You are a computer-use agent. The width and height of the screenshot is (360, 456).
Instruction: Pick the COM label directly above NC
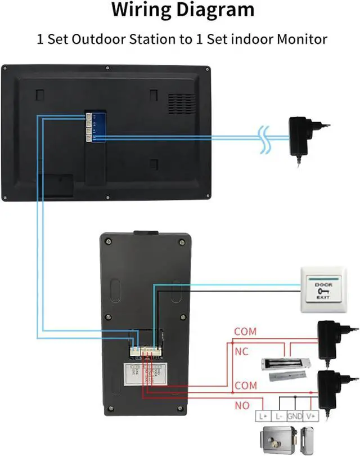point(245,332)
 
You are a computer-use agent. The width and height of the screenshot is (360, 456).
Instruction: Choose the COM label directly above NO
point(245,386)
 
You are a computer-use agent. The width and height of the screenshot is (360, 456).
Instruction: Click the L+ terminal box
point(264,417)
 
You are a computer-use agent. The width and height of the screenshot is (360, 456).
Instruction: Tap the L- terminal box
point(280,417)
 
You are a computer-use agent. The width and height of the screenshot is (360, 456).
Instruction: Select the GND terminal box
point(295,417)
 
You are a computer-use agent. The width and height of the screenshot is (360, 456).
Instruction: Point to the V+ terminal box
point(310,417)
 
